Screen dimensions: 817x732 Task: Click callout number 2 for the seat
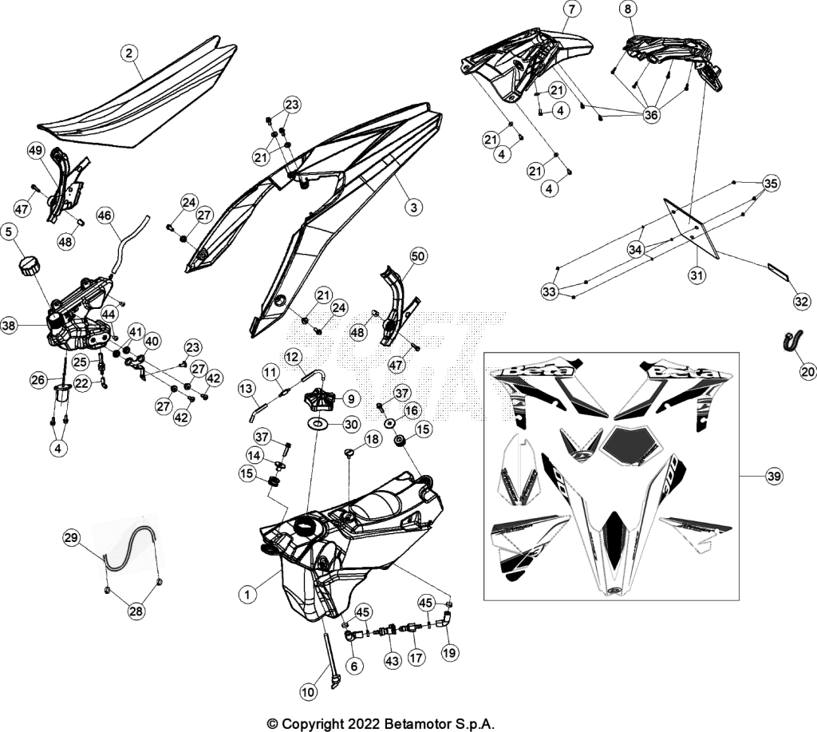(129, 53)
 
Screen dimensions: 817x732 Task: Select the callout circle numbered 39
(774, 476)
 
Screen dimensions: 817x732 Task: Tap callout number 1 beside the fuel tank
(247, 594)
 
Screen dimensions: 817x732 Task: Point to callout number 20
(807, 371)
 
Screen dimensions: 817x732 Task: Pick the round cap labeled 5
(30, 266)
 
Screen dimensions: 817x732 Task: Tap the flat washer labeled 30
(318, 424)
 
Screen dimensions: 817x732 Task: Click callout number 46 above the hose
(105, 216)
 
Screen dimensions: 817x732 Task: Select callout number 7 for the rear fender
(571, 10)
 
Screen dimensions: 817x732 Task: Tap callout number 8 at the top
(628, 10)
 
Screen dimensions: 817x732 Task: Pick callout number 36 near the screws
(651, 114)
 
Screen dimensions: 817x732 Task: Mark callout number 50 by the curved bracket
(418, 256)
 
